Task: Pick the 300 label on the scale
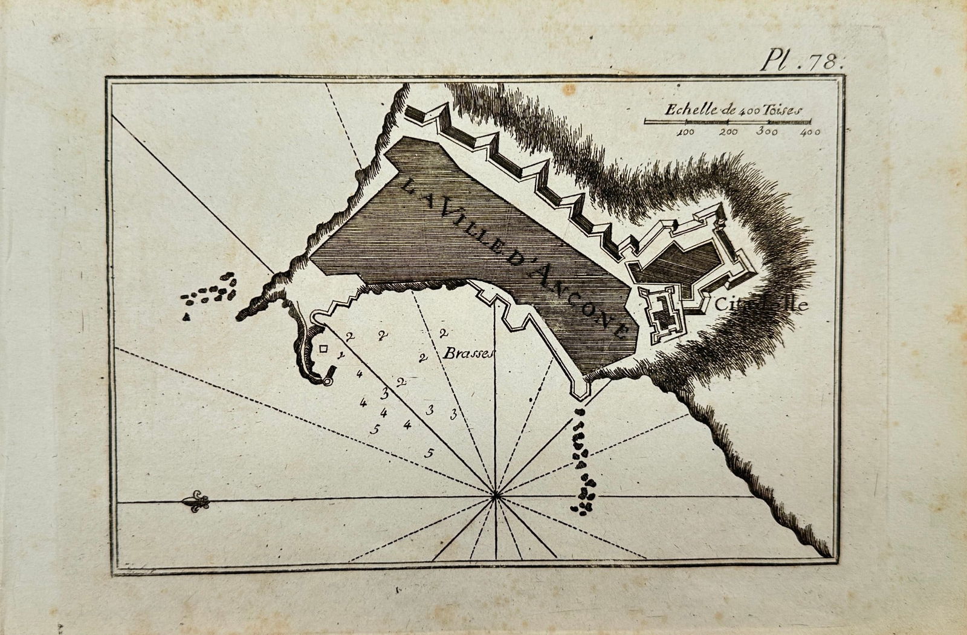point(768,132)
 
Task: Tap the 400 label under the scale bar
point(809,132)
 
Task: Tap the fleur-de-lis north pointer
point(197,501)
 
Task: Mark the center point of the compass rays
point(496,496)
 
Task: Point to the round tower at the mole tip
point(327,382)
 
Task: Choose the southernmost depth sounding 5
point(430,452)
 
